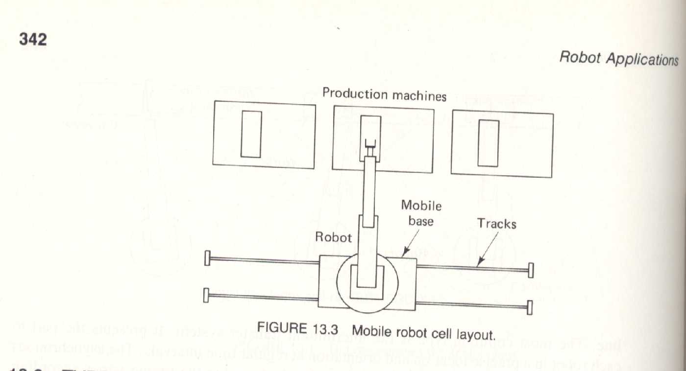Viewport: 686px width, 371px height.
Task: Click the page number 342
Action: [33, 39]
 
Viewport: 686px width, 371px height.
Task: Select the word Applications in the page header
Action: [642, 59]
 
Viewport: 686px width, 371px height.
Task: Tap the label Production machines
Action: [384, 94]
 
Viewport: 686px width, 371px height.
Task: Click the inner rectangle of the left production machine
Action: [251, 134]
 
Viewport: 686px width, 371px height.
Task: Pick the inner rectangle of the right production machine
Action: [488, 143]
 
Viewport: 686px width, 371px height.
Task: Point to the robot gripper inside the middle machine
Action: [371, 145]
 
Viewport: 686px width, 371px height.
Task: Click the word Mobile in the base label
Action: [421, 206]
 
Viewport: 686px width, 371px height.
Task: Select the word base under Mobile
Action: [421, 221]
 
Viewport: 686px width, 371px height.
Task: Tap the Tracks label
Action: [496, 224]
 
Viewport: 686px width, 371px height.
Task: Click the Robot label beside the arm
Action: [333, 237]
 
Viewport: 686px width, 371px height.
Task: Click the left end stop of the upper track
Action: [207, 258]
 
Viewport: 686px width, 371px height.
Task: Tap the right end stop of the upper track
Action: [530, 270]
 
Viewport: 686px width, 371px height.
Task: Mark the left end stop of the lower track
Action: [206, 295]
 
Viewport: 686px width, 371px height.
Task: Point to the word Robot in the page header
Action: [580, 57]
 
